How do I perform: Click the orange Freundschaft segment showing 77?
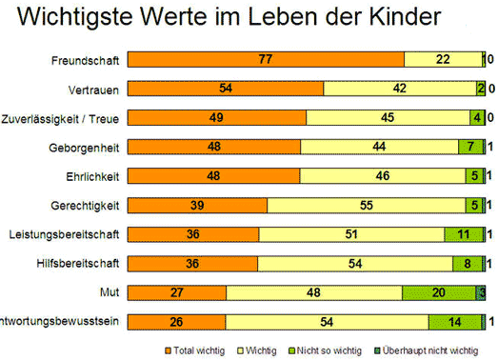(266, 60)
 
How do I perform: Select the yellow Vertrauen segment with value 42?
(400, 89)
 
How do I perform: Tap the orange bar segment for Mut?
(177, 293)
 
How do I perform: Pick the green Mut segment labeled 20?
(438, 293)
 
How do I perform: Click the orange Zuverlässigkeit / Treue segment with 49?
(217, 118)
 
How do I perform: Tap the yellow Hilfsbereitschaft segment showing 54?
(355, 264)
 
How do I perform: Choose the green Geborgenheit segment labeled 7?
(470, 148)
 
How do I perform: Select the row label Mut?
(109, 293)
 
